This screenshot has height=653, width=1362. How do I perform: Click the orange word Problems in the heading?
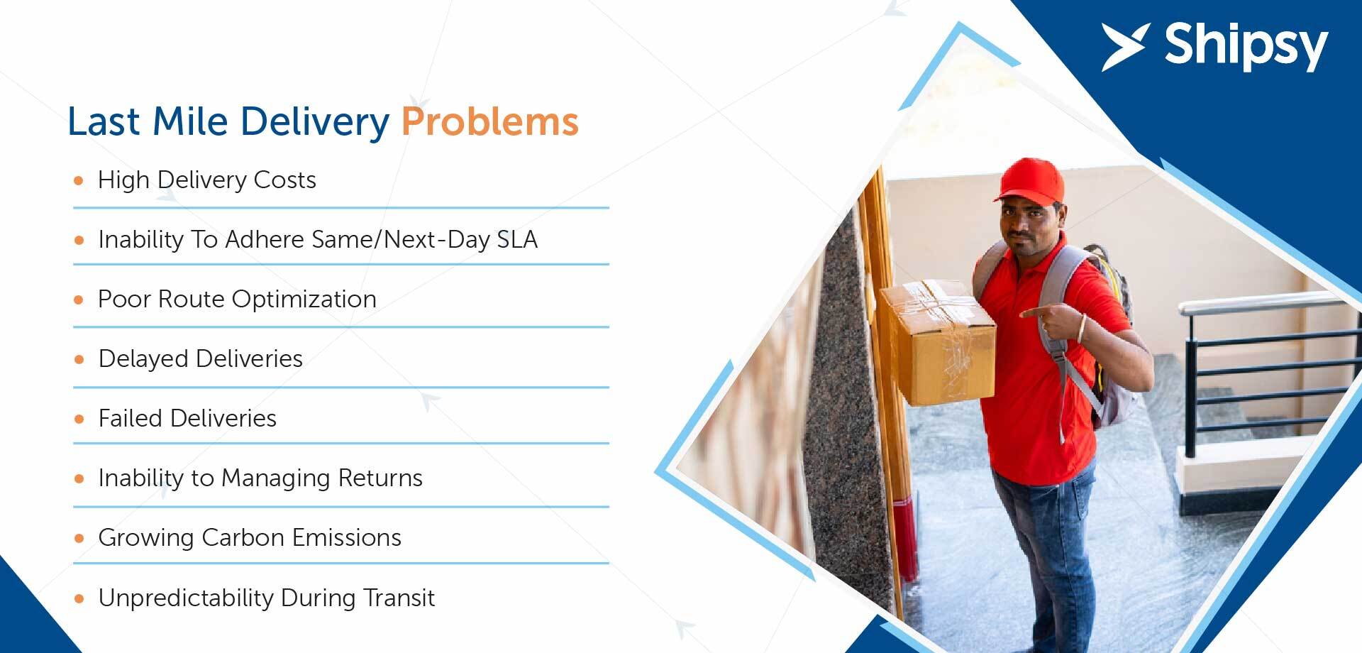point(490,121)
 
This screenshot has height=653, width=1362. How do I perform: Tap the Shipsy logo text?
point(1246,46)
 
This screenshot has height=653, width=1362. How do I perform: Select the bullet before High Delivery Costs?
point(79,180)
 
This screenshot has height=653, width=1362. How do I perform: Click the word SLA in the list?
point(517,240)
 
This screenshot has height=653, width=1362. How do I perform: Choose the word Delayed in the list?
point(144,359)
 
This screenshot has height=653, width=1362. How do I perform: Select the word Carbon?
point(243,537)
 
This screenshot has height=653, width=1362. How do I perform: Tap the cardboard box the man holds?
point(938,341)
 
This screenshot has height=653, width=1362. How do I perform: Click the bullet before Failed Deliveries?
point(79,419)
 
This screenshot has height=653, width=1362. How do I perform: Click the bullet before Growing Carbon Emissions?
point(79,538)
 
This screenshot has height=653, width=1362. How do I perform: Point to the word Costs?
point(284,180)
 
